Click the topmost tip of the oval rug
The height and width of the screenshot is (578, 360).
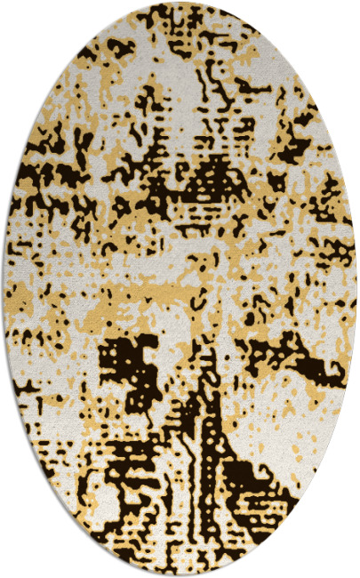coord(180,3)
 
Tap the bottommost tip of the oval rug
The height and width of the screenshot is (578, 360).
coord(180,574)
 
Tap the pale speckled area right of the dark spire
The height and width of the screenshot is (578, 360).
coord(267,418)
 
